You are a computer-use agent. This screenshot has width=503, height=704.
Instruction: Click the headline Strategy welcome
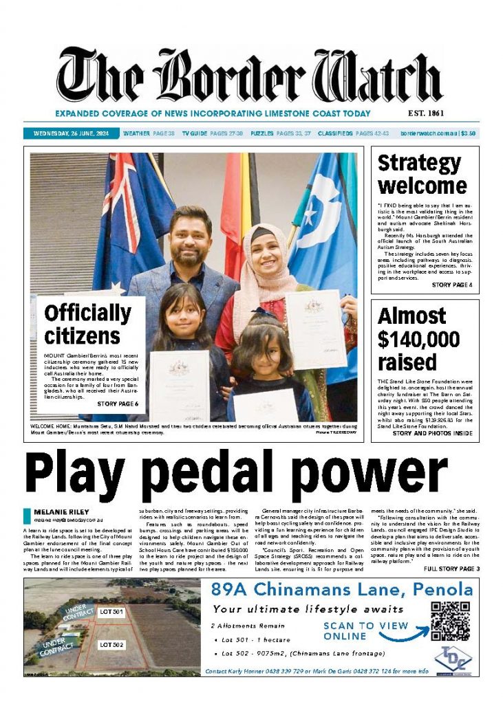point(419,175)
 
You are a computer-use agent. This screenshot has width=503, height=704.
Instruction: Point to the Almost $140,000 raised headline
point(419,339)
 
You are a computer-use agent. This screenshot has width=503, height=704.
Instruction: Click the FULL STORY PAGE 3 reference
point(451,569)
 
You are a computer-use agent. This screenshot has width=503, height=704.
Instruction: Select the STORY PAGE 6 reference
point(118,404)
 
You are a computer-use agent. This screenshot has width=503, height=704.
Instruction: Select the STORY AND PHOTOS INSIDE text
point(432,433)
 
